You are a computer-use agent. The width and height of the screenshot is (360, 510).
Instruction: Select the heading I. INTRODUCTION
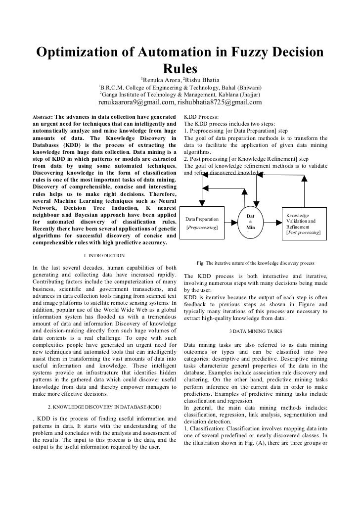pos(104,255)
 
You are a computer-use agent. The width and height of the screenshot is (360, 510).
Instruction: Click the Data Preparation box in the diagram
pos(202,224)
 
